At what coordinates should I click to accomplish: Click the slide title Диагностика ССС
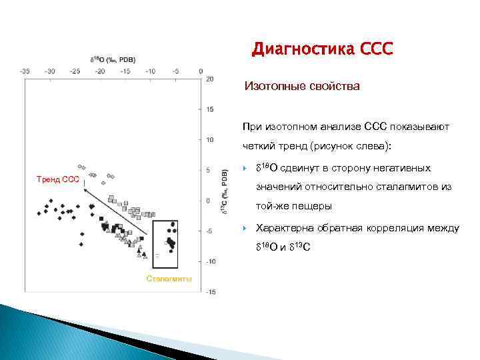323,49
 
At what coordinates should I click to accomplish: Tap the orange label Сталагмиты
169,278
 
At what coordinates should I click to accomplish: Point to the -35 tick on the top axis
24,70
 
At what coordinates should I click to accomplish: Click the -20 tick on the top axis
99,70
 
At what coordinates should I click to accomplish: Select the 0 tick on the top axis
201,70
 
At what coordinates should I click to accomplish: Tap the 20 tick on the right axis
210,79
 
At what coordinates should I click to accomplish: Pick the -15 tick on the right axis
210,292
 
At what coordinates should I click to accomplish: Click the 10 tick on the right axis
210,140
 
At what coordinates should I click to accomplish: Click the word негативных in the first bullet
407,167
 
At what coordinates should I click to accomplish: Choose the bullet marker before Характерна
245,228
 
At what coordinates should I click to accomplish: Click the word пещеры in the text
316,206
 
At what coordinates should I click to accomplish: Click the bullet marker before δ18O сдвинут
245,167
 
